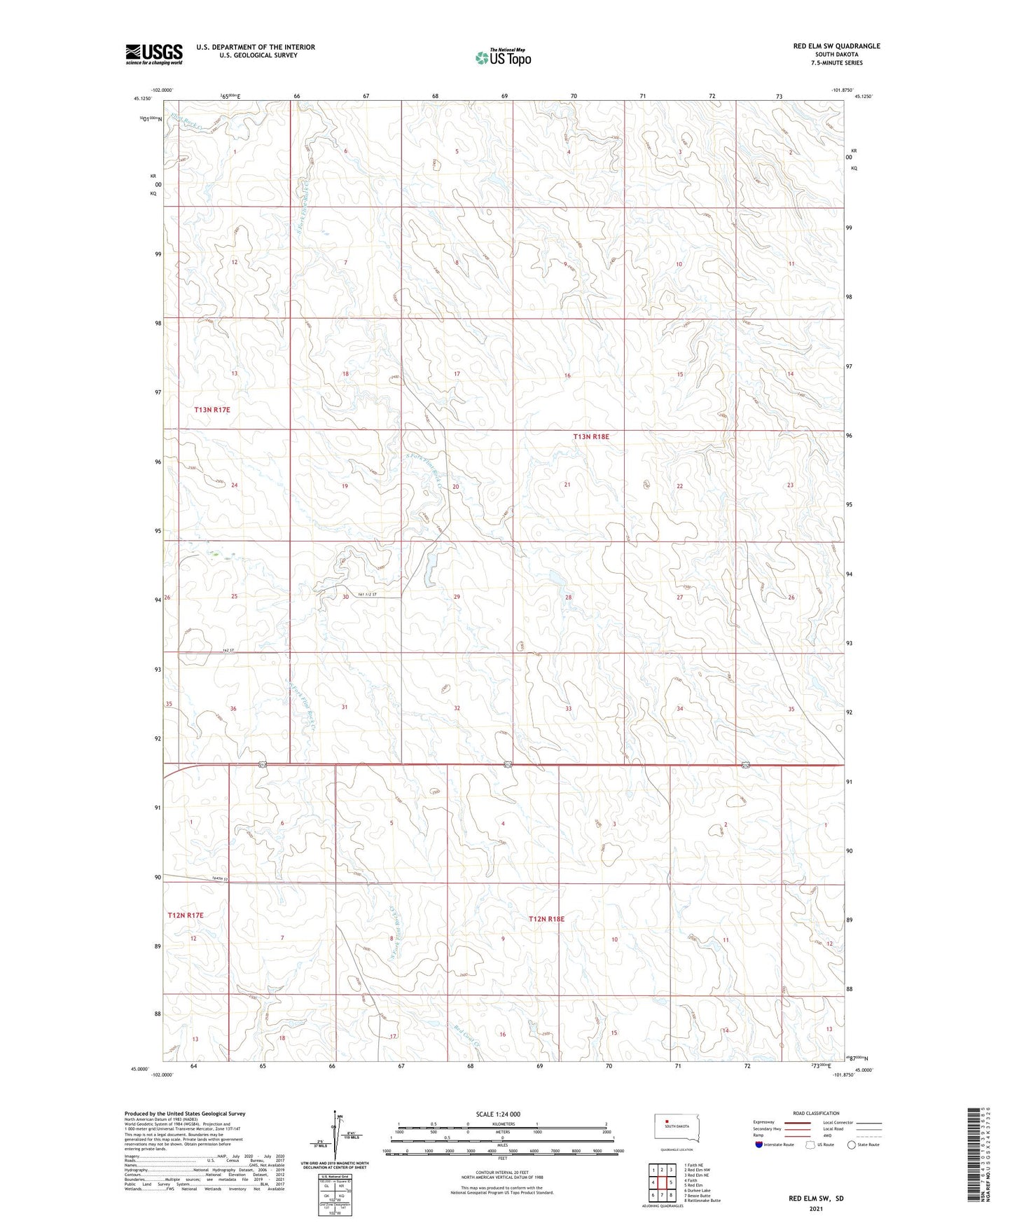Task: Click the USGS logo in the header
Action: [153, 54]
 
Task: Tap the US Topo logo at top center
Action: [502, 57]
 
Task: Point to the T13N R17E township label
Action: [212, 409]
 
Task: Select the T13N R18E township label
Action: [591, 436]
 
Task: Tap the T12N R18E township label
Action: [546, 918]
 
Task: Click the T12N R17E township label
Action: [186, 915]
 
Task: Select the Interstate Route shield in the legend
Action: [759, 1145]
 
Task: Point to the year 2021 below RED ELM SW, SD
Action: [815, 1209]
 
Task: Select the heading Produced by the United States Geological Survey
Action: [185, 1113]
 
